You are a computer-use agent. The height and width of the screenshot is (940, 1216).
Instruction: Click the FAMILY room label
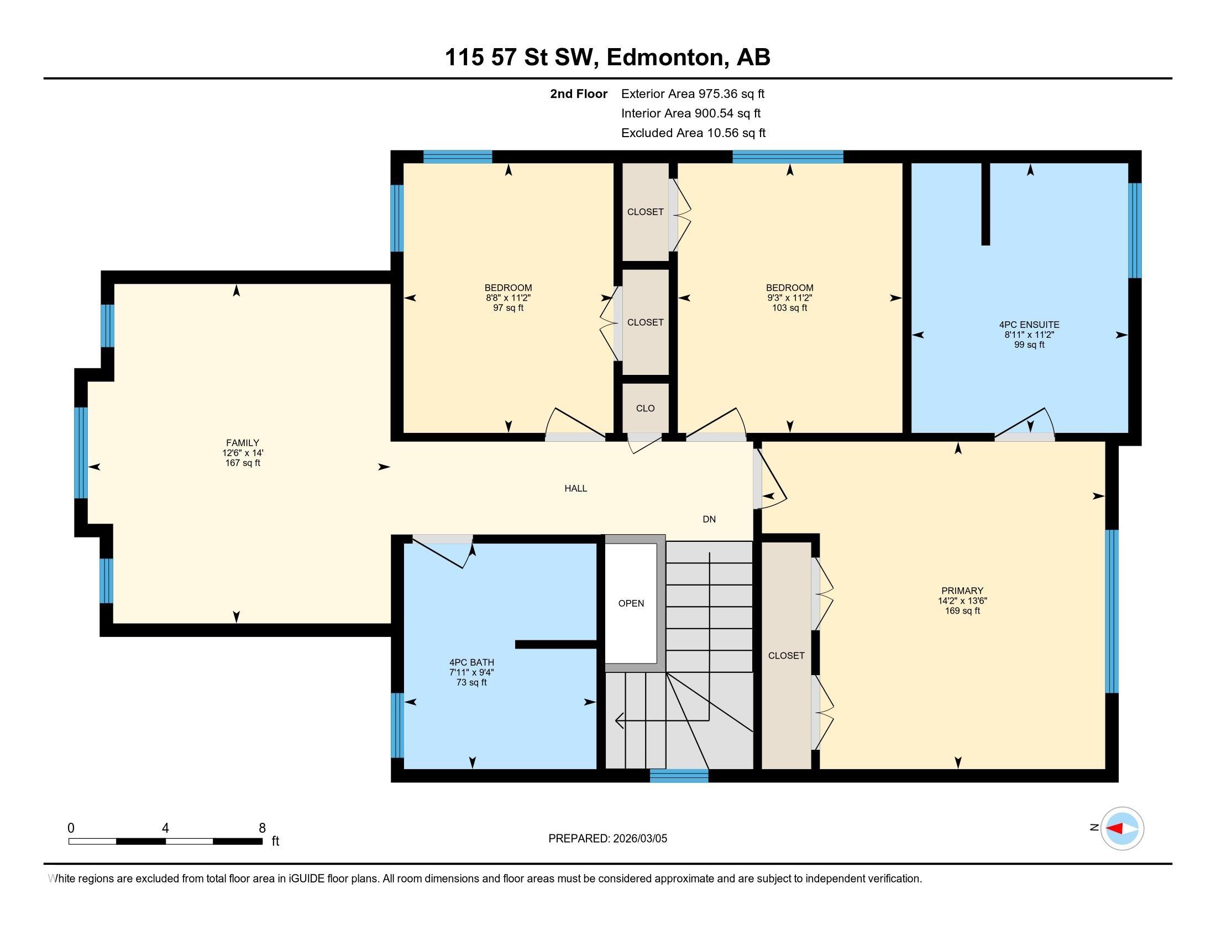pos(242,443)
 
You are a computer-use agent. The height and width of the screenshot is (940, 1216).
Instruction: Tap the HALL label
pos(576,488)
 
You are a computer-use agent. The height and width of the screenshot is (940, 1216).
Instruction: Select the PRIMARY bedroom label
pos(962,591)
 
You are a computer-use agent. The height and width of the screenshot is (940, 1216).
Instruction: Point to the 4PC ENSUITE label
pos(1029,325)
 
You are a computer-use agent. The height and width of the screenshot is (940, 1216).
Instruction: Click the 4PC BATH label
pos(471,662)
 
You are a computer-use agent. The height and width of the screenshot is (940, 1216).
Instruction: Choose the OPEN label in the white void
pos(631,604)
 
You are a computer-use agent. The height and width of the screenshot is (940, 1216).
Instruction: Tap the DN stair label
pos(709,520)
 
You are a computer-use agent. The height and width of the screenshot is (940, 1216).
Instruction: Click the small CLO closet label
pos(645,408)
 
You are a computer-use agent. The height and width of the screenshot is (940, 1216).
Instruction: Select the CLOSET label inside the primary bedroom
pos(786,656)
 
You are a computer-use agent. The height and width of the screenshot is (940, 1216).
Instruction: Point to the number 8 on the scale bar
pos(262,828)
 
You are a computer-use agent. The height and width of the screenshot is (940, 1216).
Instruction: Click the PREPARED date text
pos(607,839)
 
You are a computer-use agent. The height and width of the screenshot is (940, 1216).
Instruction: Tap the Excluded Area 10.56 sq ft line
pos(693,133)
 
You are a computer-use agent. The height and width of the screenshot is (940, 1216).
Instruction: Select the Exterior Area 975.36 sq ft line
pos(693,94)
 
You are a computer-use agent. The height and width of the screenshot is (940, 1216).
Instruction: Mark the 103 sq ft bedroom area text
pos(789,308)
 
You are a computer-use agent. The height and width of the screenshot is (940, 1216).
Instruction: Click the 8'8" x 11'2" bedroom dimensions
pos(508,298)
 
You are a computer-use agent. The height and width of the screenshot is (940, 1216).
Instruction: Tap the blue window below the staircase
pos(679,776)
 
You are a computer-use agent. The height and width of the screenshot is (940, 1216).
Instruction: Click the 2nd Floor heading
pos(579,94)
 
